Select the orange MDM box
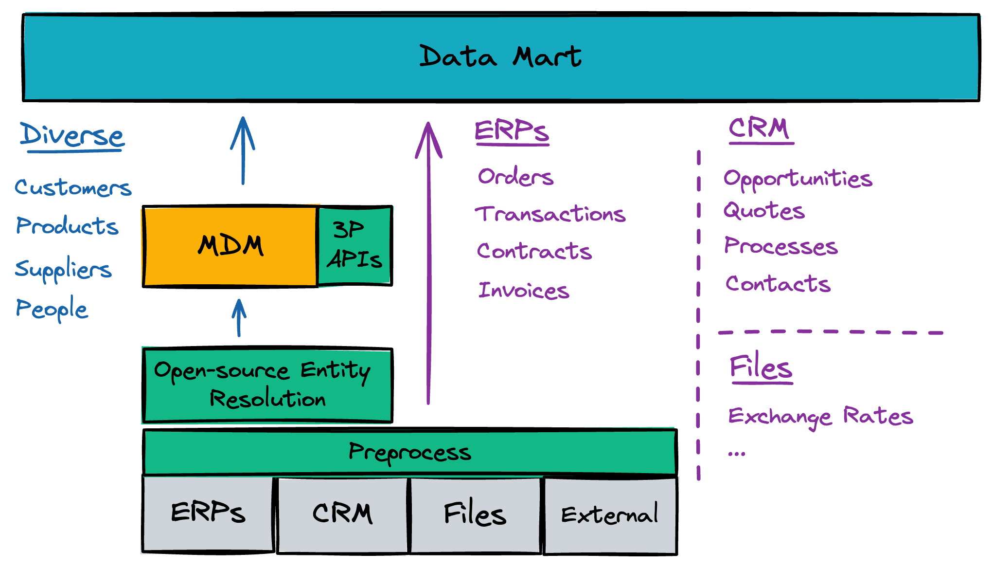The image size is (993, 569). pyautogui.click(x=231, y=246)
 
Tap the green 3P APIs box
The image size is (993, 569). pyautogui.click(x=355, y=245)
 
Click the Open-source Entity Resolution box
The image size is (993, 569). pyautogui.click(x=267, y=385)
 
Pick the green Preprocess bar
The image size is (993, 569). pyautogui.click(x=409, y=452)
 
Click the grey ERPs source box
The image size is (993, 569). pyautogui.click(x=208, y=514)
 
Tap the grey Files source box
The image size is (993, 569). pyautogui.click(x=475, y=515)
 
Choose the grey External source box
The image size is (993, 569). pyautogui.click(x=610, y=515)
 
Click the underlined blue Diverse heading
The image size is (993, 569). pyautogui.click(x=72, y=136)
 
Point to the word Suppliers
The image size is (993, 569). pyautogui.click(x=63, y=269)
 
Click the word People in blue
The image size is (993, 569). pyautogui.click(x=52, y=309)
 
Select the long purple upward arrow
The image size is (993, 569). pyautogui.click(x=428, y=263)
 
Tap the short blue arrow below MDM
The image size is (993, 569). pyautogui.click(x=239, y=317)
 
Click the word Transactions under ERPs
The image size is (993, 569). pyautogui.click(x=550, y=214)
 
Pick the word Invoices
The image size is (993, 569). pyautogui.click(x=524, y=291)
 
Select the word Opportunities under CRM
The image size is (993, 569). pyautogui.click(x=798, y=179)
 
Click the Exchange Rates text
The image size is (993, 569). pyautogui.click(x=820, y=417)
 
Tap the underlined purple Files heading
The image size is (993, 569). pyautogui.click(x=761, y=367)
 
